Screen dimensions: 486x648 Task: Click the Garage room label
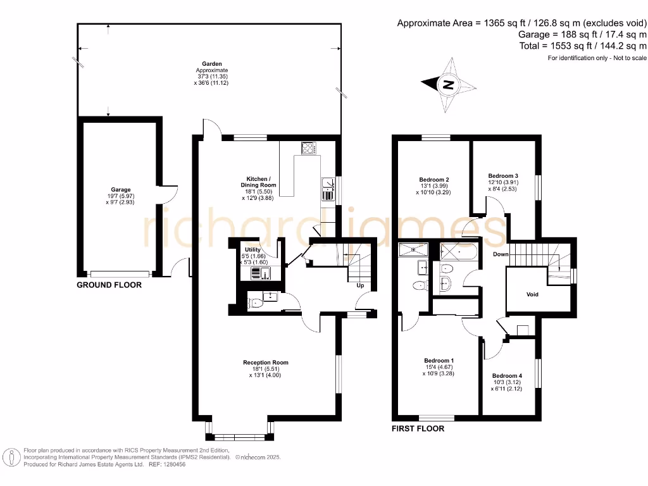pos(121,190)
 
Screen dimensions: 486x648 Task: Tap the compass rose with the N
pos(449,84)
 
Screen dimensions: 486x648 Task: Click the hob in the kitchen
pos(309,148)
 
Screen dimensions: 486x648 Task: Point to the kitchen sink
pos(328,184)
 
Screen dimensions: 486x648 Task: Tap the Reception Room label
pos(265,363)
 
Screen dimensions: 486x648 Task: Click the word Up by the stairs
pos(361,286)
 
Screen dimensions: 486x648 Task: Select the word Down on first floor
pos(501,254)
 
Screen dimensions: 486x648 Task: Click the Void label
pos(532,294)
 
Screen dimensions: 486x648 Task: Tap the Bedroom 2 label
pos(434,179)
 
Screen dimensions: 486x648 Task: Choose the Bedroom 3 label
pos(503,176)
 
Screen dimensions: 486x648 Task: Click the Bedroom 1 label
pos(439,361)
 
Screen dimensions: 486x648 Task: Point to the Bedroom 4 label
pos(507,375)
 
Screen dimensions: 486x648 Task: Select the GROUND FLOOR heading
pos(109,285)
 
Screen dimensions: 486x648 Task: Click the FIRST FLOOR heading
pos(418,428)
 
